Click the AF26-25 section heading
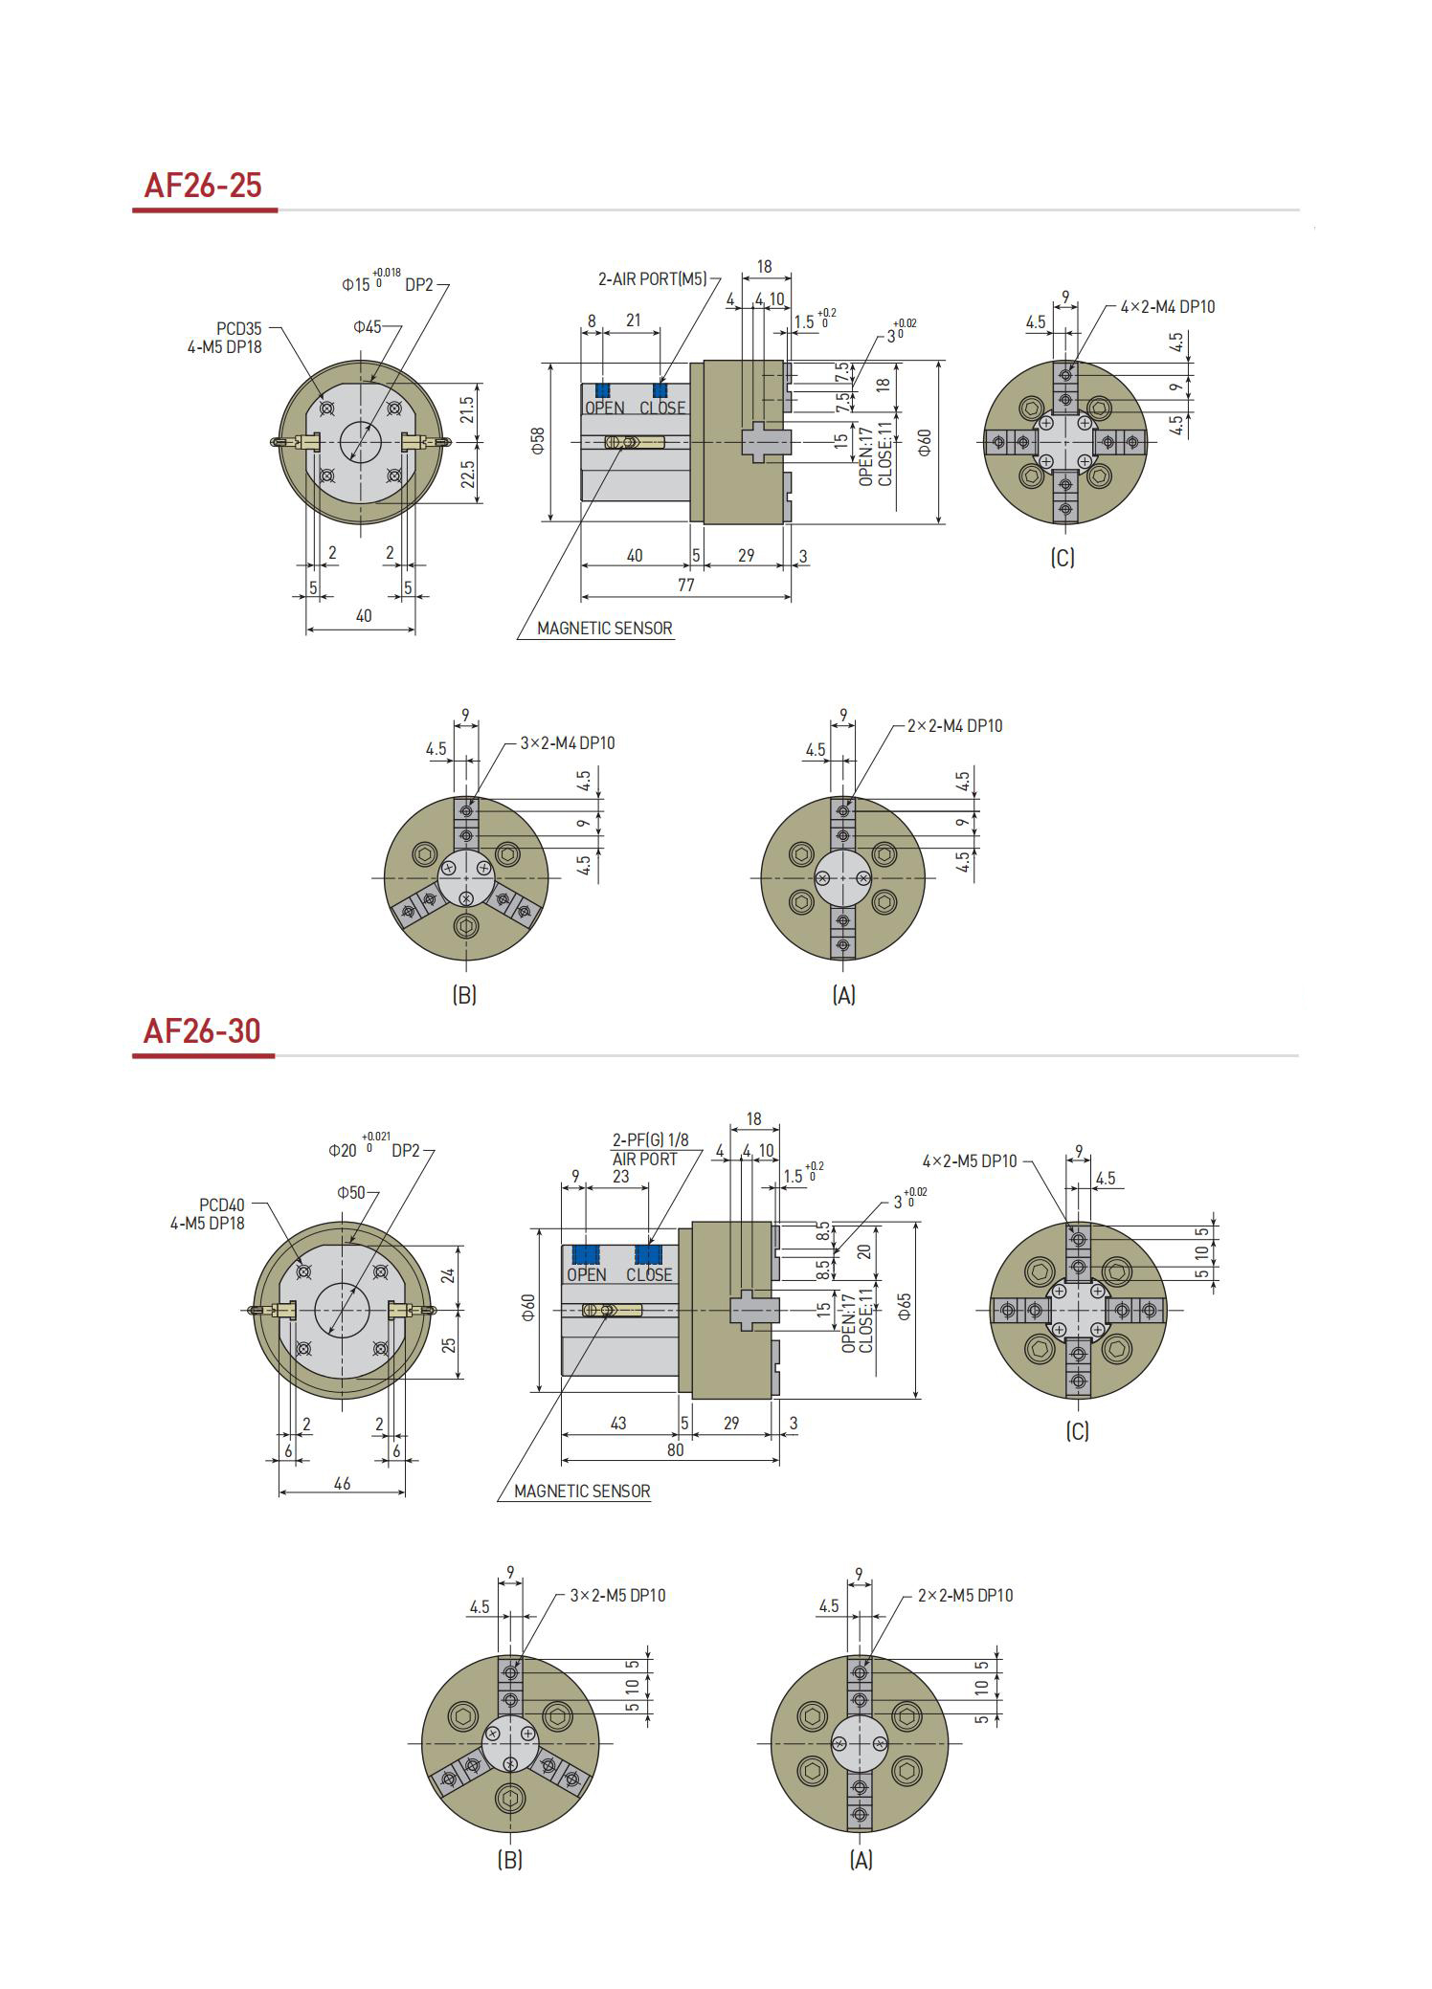click(202, 185)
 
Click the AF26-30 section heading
click(201, 1030)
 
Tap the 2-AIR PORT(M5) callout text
click(652, 279)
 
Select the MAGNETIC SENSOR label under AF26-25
click(604, 629)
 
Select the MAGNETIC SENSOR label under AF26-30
click(582, 1491)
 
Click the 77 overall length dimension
click(685, 585)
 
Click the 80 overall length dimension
click(675, 1449)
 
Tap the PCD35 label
click(238, 329)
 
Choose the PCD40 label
click(221, 1204)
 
